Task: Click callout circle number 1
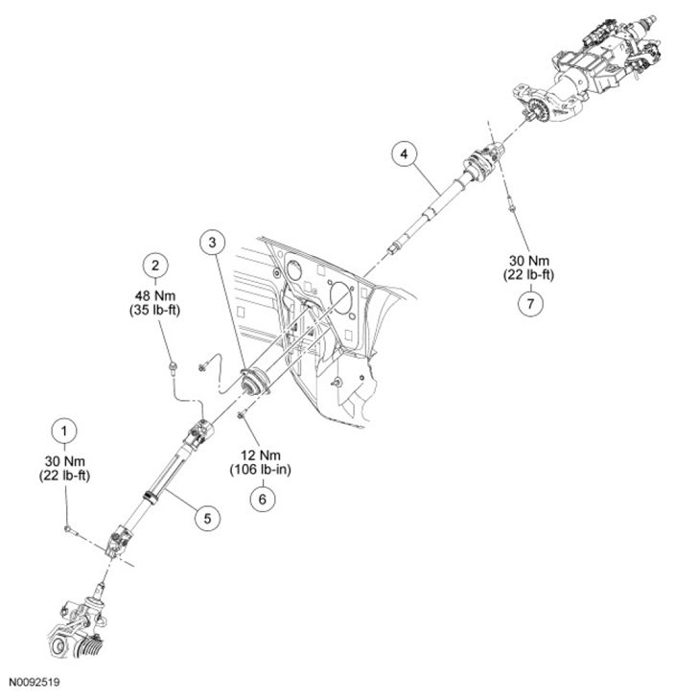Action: point(64,428)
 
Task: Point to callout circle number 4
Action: point(405,153)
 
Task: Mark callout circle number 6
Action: point(259,499)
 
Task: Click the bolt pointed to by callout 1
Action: point(69,528)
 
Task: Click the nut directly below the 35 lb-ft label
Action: point(170,365)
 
